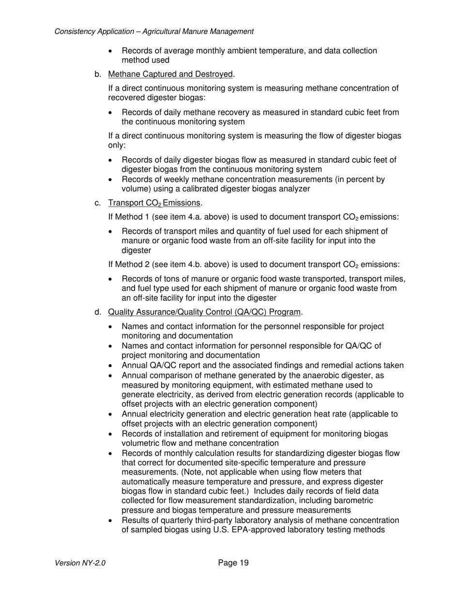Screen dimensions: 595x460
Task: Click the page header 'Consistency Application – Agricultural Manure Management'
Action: pos(154,31)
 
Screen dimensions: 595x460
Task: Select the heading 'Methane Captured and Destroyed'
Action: pos(170,74)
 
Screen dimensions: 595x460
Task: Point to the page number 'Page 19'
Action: pos(233,563)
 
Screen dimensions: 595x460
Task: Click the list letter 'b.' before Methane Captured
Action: pos(98,74)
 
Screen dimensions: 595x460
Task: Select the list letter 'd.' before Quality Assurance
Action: pos(98,312)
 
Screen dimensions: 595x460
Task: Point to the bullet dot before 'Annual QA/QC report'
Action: pos(112,366)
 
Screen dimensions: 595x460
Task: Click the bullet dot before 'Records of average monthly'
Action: pos(112,51)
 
